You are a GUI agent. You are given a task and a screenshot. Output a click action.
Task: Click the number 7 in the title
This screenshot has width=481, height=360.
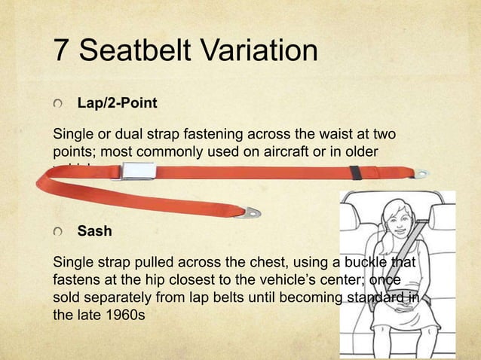pyautogui.click(x=63, y=51)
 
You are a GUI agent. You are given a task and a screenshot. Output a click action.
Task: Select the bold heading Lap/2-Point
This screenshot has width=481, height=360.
pyautogui.click(x=117, y=102)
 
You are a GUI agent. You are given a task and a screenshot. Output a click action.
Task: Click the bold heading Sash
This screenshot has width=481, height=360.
pyautogui.click(x=94, y=231)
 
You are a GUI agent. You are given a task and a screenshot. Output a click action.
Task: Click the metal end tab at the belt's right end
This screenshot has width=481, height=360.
pyautogui.click(x=421, y=174)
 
